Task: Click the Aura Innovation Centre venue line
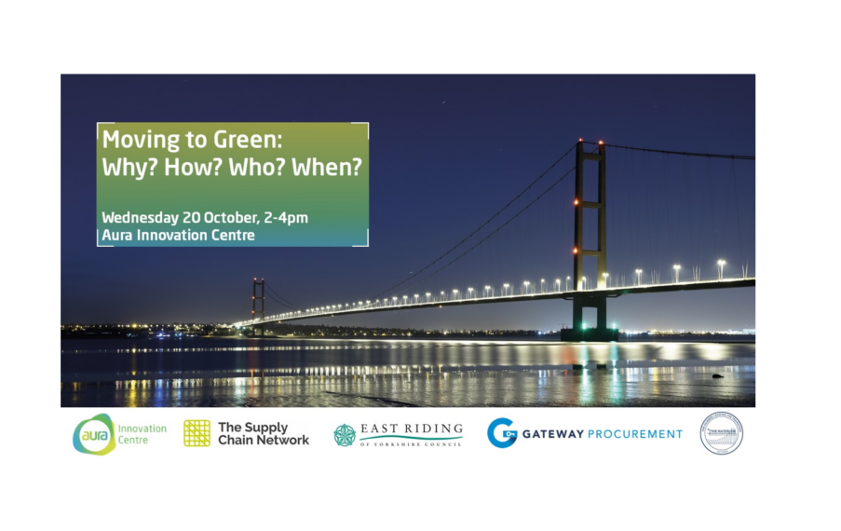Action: point(179,236)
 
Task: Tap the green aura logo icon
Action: point(94,434)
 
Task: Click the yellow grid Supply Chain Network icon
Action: point(197,433)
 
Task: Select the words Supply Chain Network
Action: point(263,433)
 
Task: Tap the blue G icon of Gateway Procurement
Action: point(502,433)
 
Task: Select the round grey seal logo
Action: point(722,433)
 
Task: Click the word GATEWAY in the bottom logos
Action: point(552,434)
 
